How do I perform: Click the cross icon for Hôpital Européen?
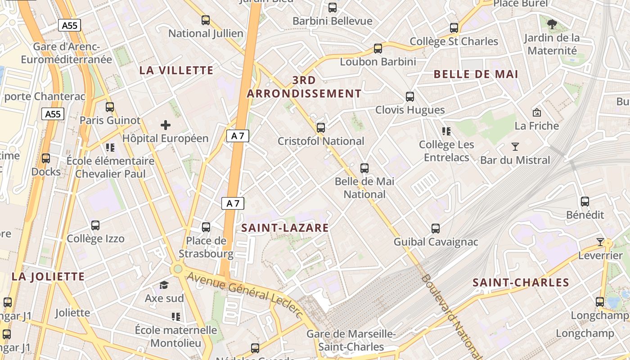pos(166,125)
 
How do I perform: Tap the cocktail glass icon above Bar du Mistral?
pos(515,146)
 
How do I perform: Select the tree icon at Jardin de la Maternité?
pos(551,23)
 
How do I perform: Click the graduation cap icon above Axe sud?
pos(164,285)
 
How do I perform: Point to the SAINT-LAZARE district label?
pos(285,228)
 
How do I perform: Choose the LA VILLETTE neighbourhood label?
pos(176,70)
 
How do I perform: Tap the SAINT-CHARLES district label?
pos(521,283)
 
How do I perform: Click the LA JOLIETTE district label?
pos(48,276)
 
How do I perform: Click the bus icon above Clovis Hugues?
pos(409,96)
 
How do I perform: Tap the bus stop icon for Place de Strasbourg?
pos(206,227)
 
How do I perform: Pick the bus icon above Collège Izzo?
pos(95,225)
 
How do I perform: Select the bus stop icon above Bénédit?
pos(585,201)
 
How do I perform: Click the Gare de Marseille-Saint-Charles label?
pos(351,340)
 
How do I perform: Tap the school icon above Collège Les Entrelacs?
pos(446,131)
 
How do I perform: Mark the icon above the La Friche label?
pos(536,112)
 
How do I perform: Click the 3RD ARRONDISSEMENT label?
pos(304,87)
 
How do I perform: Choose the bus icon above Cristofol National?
pos(320,127)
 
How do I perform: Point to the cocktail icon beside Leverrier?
pos(600,242)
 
